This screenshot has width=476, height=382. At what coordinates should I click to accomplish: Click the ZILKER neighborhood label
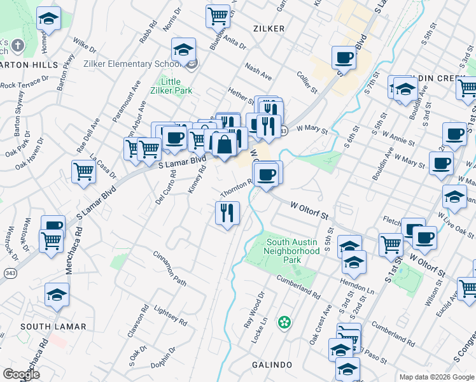coord(269,29)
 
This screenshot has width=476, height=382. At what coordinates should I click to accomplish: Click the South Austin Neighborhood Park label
coord(293,251)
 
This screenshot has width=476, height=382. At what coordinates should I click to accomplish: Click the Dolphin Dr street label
coord(164,360)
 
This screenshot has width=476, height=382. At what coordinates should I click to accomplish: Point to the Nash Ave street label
coord(258,71)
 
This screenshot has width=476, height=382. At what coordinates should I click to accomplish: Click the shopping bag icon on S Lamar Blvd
coord(223,145)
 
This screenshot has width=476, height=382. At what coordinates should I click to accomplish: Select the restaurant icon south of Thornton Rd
coord(227,213)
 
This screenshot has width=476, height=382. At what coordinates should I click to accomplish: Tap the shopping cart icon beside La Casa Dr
coord(84,171)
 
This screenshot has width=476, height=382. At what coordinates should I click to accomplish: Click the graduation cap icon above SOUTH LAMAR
coord(57,294)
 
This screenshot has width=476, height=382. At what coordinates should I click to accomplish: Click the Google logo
coord(21,374)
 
